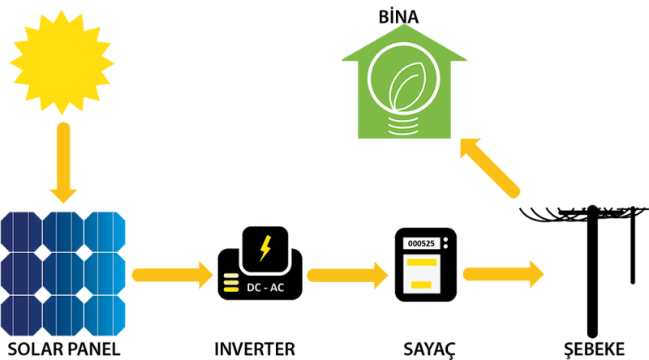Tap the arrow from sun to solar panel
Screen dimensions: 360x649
coord(63,162)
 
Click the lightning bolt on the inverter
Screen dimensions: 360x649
coord(264,247)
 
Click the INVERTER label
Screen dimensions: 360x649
coord(255,349)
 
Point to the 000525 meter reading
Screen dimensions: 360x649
coord(421,243)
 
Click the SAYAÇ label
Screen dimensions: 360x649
coord(429,349)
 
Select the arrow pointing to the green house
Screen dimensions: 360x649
coord(489,168)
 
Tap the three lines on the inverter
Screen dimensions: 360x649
coord(227,284)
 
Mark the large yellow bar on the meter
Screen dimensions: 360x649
coord(422,264)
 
